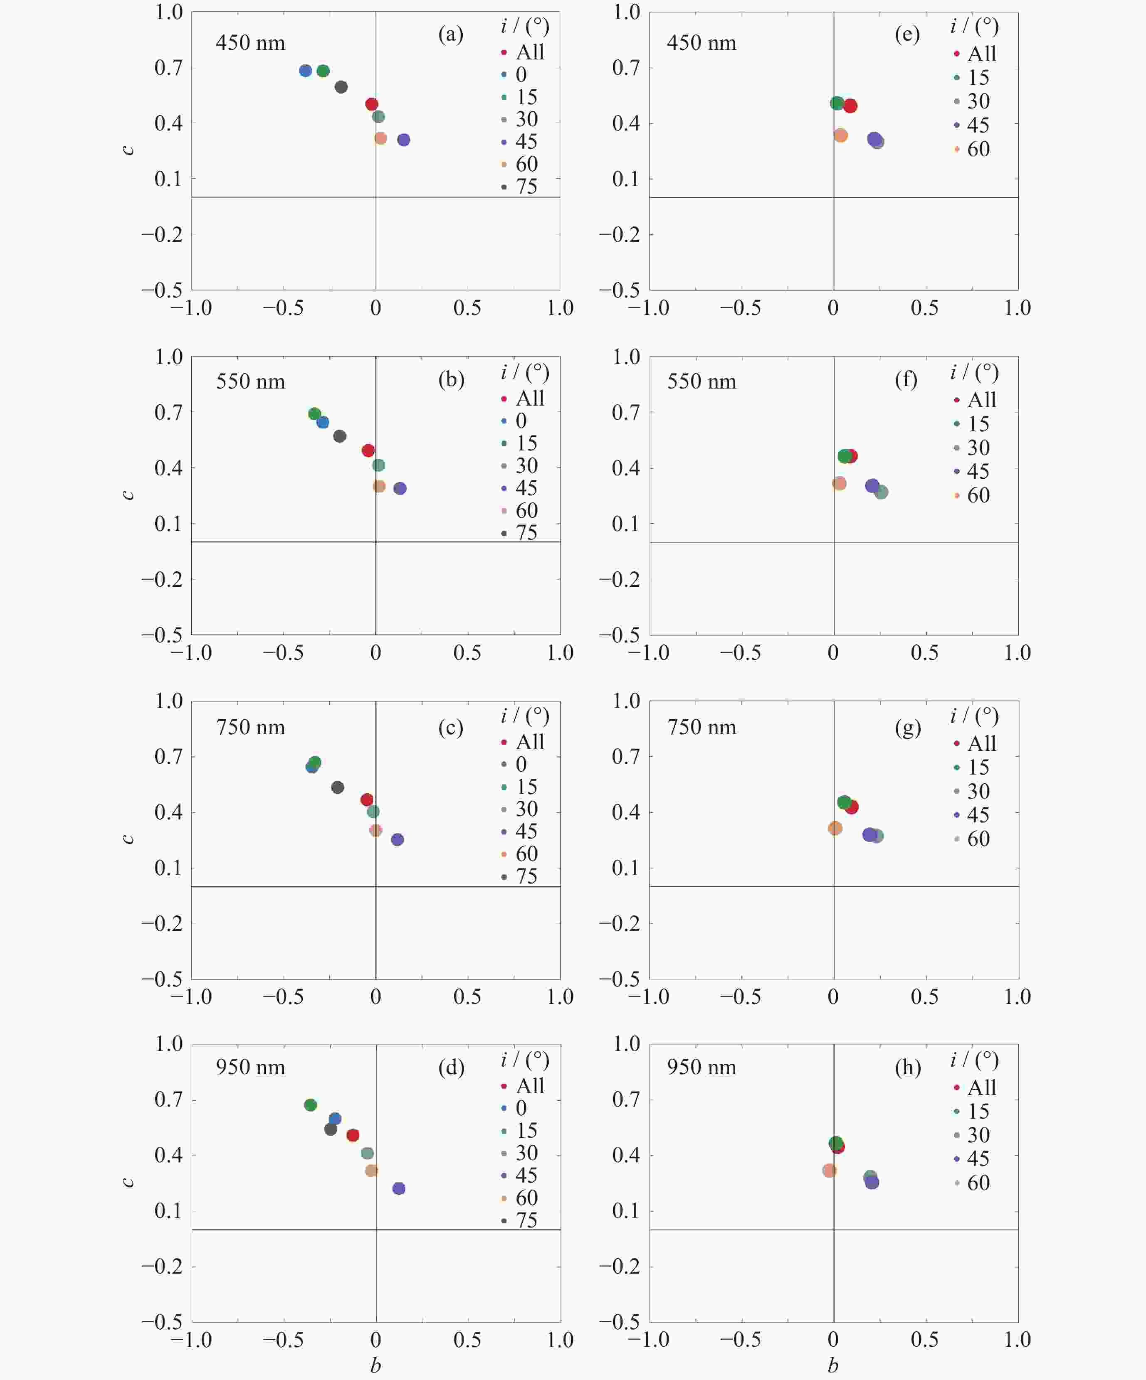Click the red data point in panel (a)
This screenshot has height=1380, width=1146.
(371, 104)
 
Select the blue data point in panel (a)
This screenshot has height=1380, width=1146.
(305, 70)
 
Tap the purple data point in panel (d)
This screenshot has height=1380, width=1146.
(398, 1188)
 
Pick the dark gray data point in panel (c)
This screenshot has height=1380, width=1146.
(337, 787)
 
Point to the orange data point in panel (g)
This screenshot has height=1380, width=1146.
(835, 828)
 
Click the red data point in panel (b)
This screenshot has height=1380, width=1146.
(368, 450)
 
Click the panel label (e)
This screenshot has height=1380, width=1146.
(907, 34)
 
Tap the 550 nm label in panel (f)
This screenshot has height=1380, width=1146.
(701, 382)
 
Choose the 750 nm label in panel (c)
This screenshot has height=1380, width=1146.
(250, 728)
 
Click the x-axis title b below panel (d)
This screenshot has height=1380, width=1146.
(375, 1365)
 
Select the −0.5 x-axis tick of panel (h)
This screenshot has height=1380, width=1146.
(741, 1340)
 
